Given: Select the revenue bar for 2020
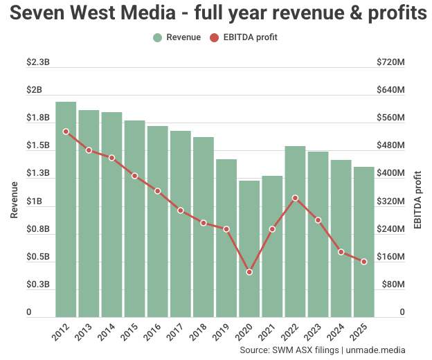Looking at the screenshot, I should pyautogui.click(x=249, y=249).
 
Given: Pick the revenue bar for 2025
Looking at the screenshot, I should pyautogui.click(x=364, y=242).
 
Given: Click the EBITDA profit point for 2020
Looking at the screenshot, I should pyautogui.click(x=249, y=272).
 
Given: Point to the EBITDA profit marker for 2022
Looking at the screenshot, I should pyautogui.click(x=295, y=198).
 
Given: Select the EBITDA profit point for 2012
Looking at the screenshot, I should pyautogui.click(x=66, y=132).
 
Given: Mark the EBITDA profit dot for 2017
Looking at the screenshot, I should pyautogui.click(x=180, y=210).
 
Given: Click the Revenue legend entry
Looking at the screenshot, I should pyautogui.click(x=177, y=37).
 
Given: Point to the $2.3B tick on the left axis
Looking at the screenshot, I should pyautogui.click(x=38, y=62).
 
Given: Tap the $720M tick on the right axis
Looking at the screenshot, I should pyautogui.click(x=390, y=62).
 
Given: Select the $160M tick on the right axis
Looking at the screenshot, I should pyautogui.click(x=390, y=257).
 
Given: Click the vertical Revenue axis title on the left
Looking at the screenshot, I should pyautogui.click(x=14, y=199).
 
